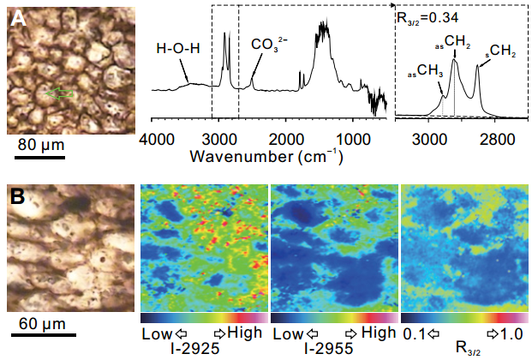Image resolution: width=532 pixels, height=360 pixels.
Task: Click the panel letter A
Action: [17, 16]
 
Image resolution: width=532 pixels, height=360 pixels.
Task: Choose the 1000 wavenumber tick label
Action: [352, 140]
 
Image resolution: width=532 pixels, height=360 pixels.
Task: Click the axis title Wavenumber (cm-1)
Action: [267, 157]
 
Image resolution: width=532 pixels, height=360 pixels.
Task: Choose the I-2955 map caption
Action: [331, 348]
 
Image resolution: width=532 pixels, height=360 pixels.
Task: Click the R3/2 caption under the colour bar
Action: [463, 350]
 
